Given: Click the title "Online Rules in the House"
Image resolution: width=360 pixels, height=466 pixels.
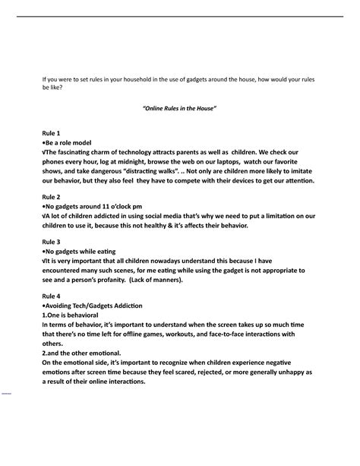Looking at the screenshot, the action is pyautogui.click(x=180, y=109).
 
